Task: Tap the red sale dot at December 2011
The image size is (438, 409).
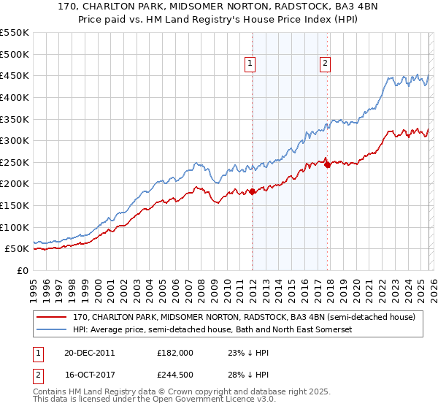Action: tap(252, 191)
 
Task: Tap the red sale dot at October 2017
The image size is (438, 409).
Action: tap(327, 164)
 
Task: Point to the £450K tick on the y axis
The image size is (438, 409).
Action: tap(15, 76)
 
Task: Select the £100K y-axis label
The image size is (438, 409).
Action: tap(15, 227)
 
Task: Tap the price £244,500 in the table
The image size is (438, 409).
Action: tap(176, 375)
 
